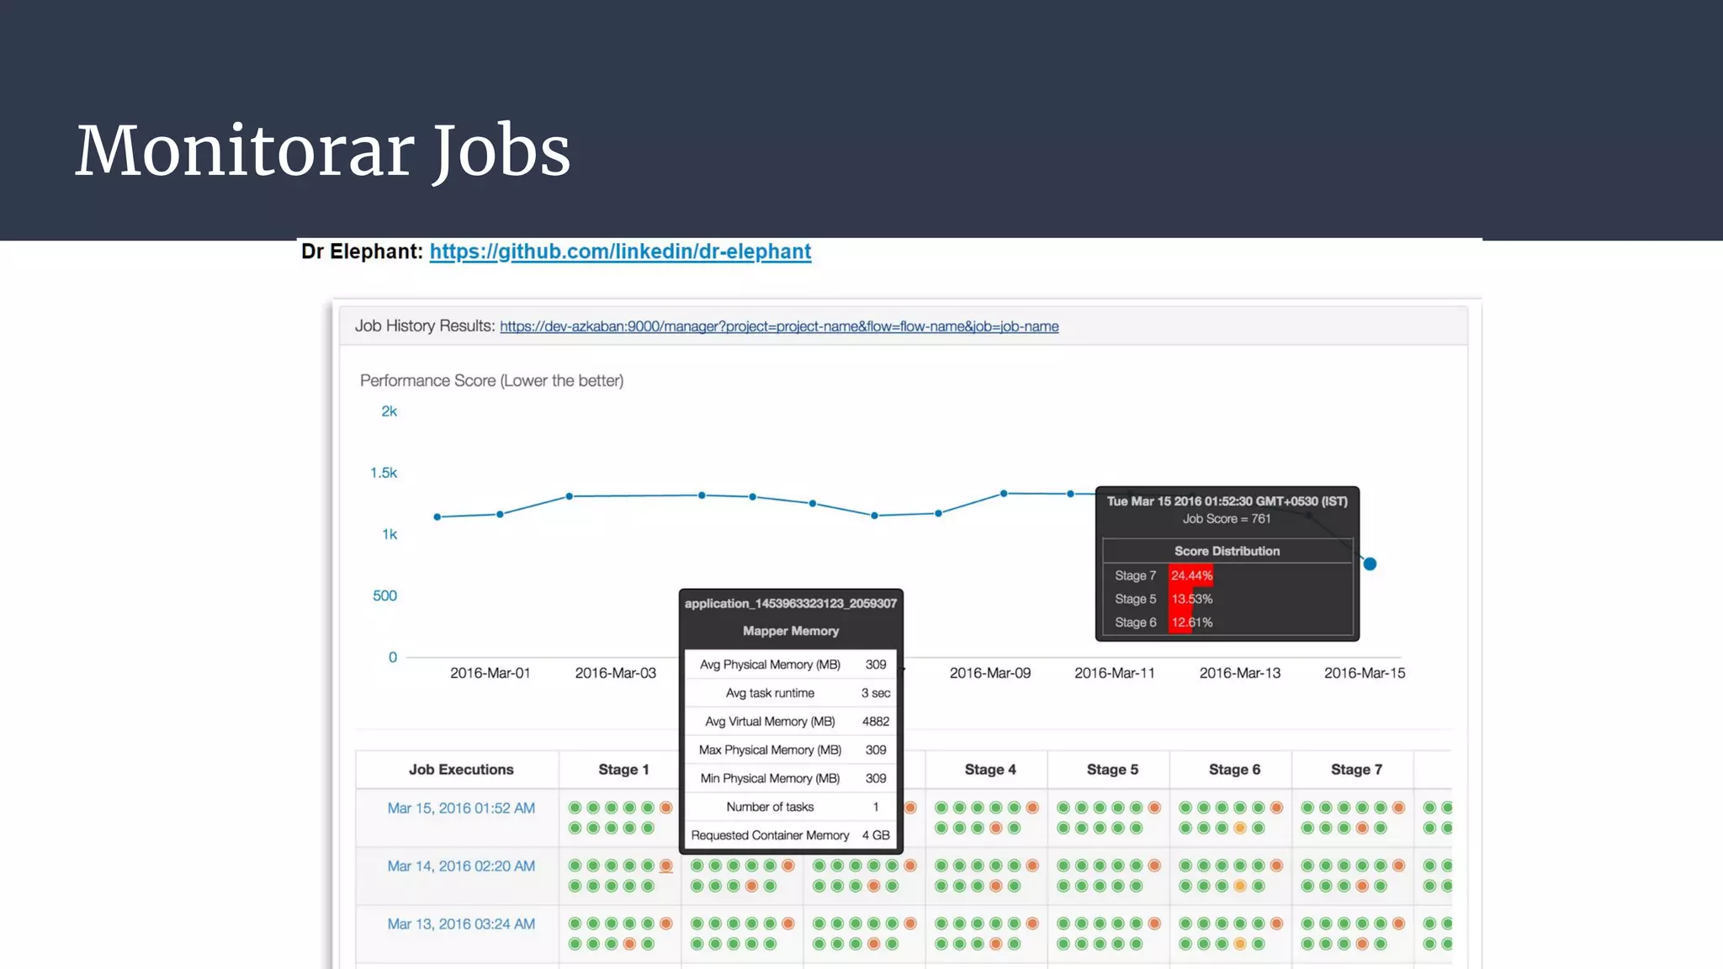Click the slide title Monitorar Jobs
323,151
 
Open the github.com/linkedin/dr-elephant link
620,252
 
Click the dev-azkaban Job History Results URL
779,326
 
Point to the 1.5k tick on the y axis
384,473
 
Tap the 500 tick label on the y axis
384,596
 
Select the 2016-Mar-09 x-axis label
989,673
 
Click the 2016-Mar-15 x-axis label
1364,673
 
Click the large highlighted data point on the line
1370,564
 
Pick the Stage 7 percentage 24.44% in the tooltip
1191,575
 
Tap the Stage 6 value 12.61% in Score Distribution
1191,622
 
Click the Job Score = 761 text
1226,519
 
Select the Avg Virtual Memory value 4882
875,722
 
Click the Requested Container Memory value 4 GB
875,835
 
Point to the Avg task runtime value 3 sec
875,693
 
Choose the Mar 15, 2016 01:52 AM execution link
461,808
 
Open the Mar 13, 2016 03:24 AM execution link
461,924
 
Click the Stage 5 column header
1111,770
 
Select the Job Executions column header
461,770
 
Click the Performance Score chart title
491,381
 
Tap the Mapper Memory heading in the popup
790,631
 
